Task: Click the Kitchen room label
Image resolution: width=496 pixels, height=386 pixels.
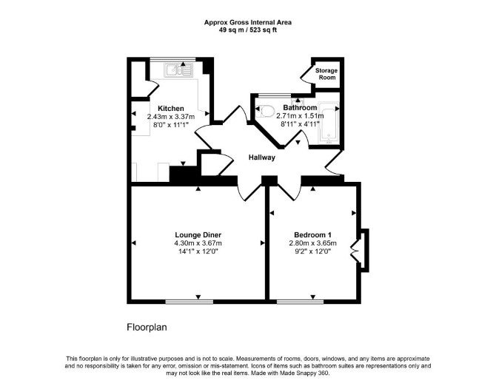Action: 171,109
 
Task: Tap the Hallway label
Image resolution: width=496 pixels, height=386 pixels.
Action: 261,158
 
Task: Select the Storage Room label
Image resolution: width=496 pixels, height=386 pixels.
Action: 326,74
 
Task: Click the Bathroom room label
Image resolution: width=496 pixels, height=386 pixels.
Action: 300,107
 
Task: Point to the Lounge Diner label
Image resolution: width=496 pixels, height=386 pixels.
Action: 198,235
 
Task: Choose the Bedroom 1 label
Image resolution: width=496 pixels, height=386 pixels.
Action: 312,235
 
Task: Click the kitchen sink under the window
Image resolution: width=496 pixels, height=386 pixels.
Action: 178,70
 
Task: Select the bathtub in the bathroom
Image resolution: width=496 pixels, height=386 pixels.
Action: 329,123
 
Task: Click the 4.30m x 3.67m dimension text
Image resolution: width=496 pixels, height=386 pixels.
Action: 198,243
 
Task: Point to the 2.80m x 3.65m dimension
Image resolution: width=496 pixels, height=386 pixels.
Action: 312,243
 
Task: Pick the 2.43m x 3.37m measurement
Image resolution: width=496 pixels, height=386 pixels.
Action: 171,117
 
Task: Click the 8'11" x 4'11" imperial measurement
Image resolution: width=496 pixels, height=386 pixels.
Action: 300,123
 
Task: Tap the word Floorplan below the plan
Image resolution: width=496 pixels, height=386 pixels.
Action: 147,328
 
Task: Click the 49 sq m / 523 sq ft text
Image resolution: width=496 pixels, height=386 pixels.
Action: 248,30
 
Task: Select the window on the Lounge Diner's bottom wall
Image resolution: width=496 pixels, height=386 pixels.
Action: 190,302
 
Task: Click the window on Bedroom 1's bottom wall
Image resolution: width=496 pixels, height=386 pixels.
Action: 301,302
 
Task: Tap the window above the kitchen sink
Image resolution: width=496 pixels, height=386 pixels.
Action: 172,59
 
